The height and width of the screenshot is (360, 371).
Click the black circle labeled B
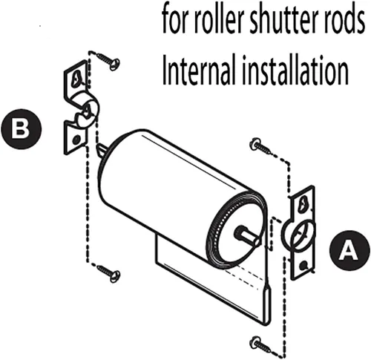click(x=22, y=129)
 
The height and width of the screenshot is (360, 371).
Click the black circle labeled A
click(x=349, y=251)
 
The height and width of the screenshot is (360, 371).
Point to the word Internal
click(x=198, y=70)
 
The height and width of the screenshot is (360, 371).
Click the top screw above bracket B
click(x=108, y=61)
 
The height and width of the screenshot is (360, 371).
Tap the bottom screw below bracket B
click(x=108, y=273)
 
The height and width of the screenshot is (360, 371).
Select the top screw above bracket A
click(x=261, y=146)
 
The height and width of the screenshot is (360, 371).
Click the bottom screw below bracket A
click(x=262, y=344)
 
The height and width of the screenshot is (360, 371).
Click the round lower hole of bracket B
click(x=76, y=140)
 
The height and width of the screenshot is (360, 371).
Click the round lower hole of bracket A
click(x=303, y=266)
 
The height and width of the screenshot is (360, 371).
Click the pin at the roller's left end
click(x=102, y=150)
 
